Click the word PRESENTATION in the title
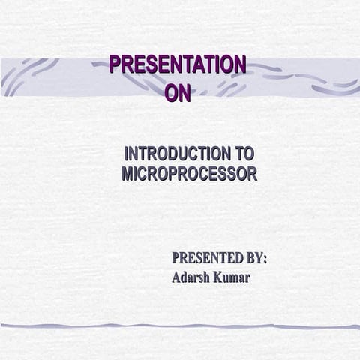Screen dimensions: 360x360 177,65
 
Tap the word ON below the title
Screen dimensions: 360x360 178,93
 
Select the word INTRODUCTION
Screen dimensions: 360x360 178,154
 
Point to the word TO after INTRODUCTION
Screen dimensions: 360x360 245,154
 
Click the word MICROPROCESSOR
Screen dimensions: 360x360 189,175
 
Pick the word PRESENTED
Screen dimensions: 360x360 206,258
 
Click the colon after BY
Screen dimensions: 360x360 265,259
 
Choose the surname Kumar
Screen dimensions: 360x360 232,277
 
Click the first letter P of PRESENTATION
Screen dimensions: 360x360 115,65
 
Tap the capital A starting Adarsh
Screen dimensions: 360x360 176,277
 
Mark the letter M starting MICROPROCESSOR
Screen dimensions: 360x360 127,175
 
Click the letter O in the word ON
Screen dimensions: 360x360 171,93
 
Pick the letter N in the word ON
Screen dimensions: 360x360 184,93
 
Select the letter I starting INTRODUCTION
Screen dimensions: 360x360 127,154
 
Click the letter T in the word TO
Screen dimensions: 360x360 239,154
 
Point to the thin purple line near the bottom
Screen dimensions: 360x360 180,326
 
